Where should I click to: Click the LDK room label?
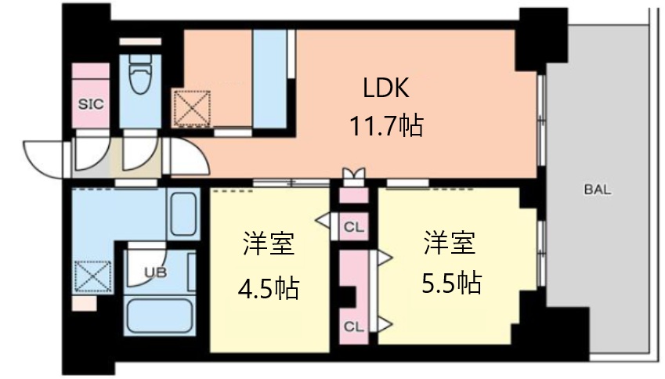click(x=386, y=88)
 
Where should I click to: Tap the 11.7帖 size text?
click(x=386, y=125)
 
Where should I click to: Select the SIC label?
click(x=91, y=104)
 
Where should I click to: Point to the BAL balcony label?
click(x=598, y=189)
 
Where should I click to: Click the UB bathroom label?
click(x=156, y=273)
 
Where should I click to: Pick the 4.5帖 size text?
click(x=269, y=288)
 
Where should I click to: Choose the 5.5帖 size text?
click(x=451, y=283)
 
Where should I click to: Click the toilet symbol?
click(x=140, y=74)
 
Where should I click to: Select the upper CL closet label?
click(x=354, y=228)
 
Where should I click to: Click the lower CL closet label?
click(x=354, y=327)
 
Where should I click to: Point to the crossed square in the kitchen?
click(x=192, y=108)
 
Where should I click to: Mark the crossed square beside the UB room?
click(x=93, y=277)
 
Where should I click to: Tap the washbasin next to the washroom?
click(x=183, y=215)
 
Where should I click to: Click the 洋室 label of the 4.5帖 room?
click(x=269, y=243)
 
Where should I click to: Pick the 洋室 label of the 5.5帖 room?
click(x=450, y=243)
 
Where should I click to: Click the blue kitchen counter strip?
click(x=269, y=79)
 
